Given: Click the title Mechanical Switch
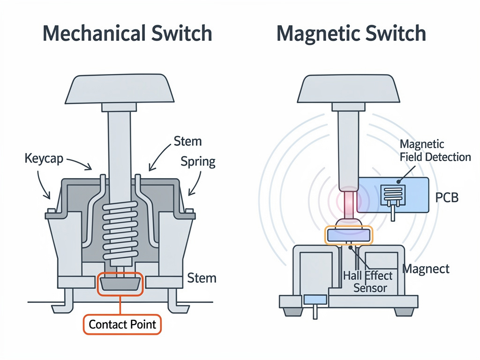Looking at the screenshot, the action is click(x=127, y=33).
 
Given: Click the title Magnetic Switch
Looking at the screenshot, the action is click(x=351, y=34).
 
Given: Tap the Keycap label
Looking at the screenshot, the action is click(x=44, y=158).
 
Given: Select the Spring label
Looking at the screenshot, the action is click(x=198, y=161).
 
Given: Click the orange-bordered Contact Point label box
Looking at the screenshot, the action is click(x=122, y=324).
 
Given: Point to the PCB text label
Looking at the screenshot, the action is click(x=447, y=197).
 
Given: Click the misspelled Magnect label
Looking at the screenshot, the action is click(x=426, y=269).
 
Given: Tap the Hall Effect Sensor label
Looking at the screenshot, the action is click(x=368, y=282).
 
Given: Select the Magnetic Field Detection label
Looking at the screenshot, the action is click(x=435, y=150).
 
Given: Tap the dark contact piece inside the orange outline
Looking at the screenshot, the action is click(x=120, y=284).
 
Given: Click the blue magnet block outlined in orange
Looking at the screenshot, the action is click(x=349, y=235).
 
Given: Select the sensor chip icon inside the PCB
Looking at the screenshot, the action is click(x=393, y=195).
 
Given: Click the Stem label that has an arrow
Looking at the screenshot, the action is click(x=187, y=142).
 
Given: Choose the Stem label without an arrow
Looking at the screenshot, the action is click(x=202, y=278).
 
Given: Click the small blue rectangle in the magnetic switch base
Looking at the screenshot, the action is click(x=315, y=300).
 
